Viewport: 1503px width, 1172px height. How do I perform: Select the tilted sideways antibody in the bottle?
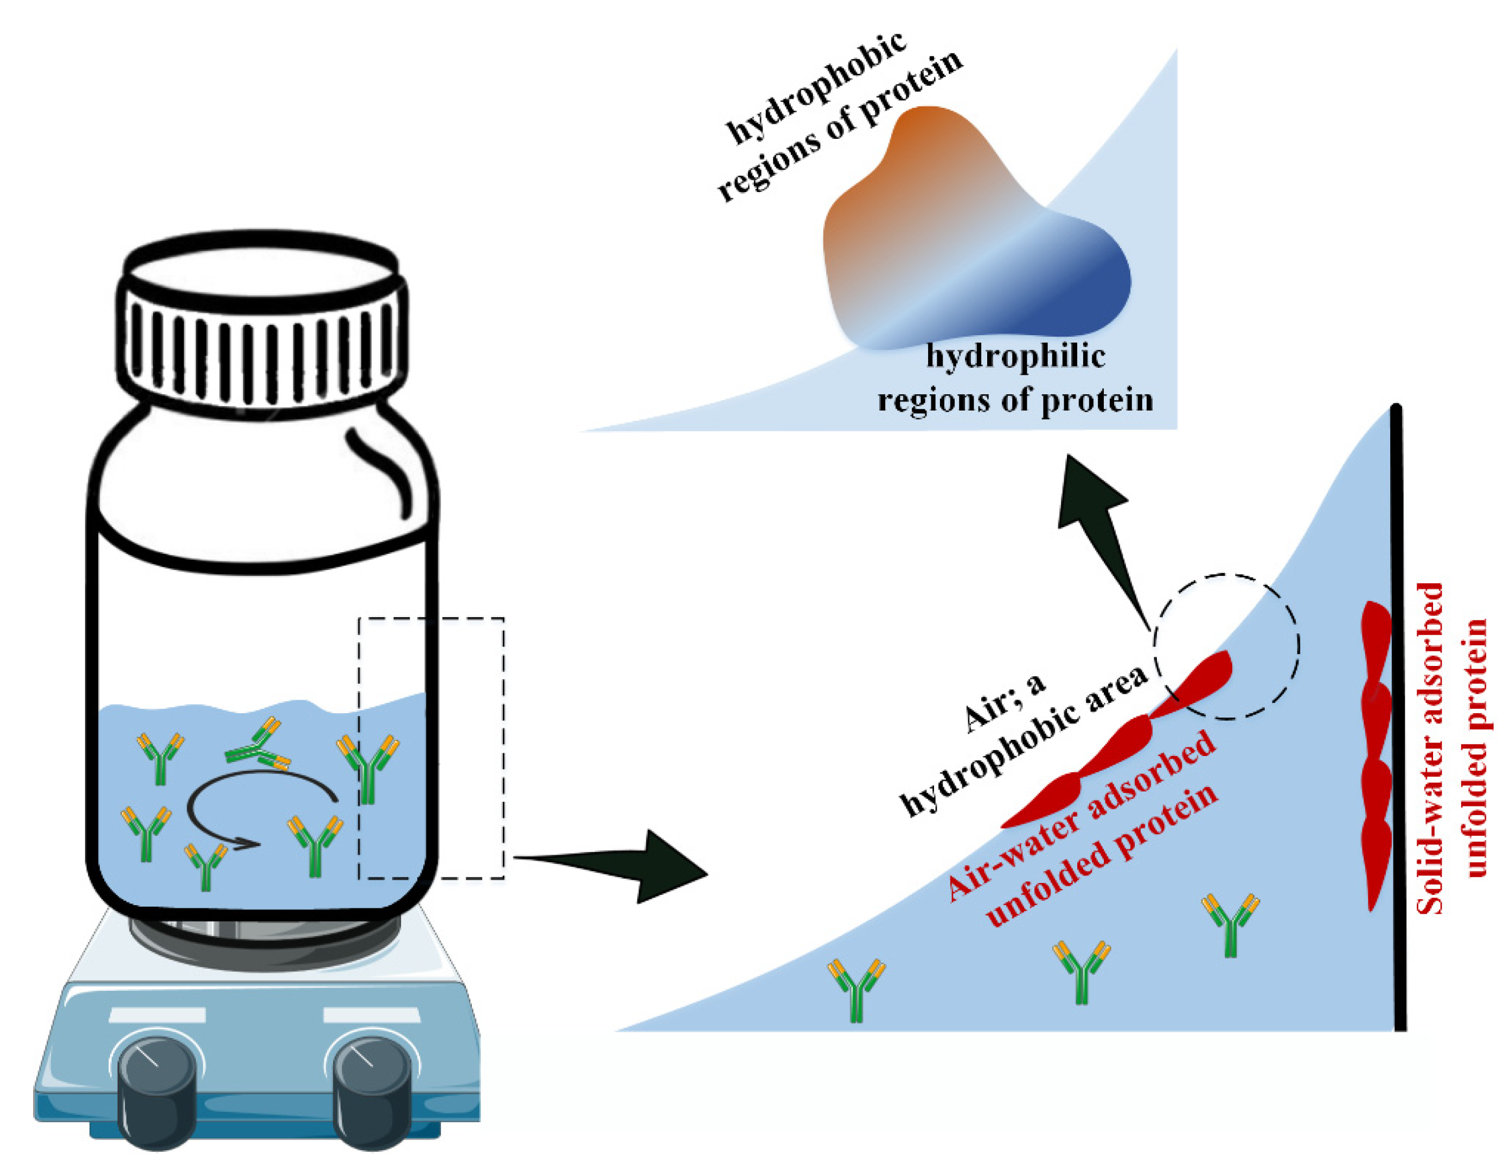[258, 747]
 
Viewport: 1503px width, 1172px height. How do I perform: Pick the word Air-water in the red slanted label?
[1012, 853]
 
